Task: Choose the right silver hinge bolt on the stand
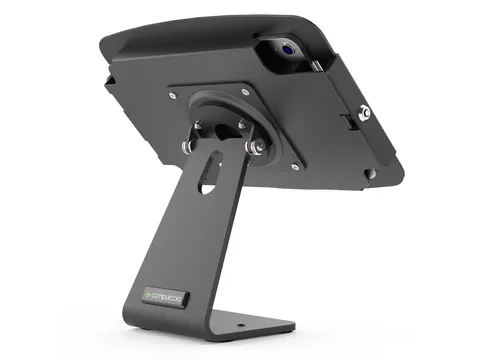258,148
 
